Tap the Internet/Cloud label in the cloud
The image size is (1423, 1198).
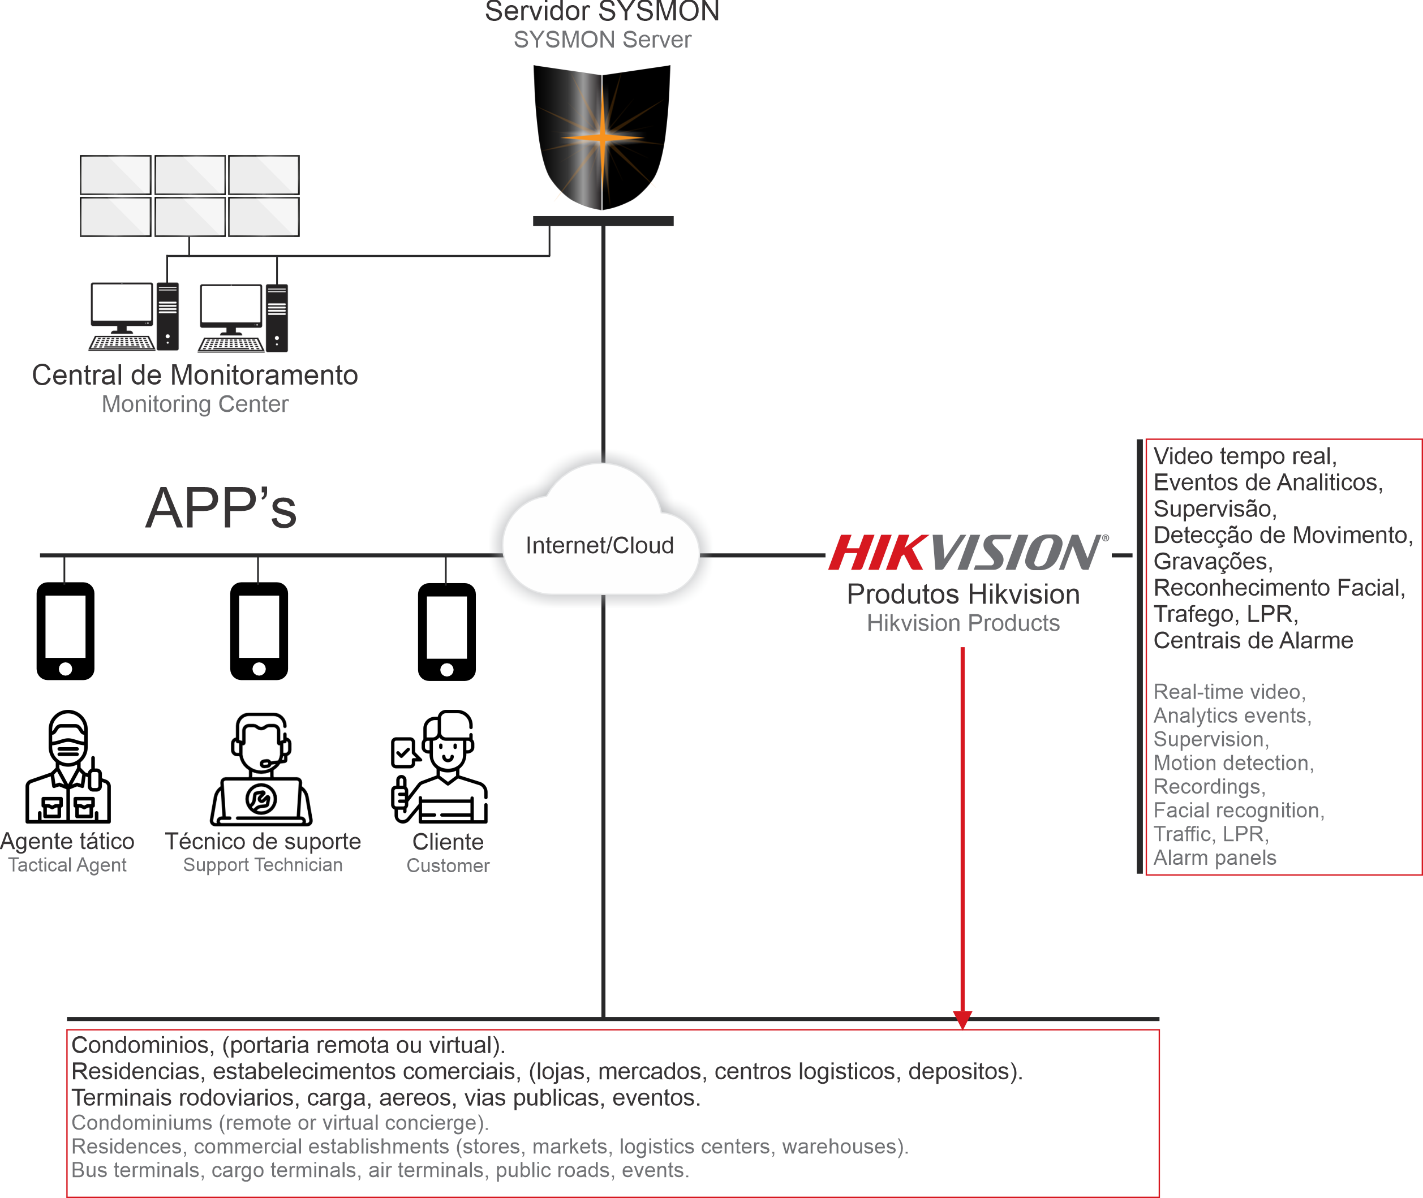(600, 545)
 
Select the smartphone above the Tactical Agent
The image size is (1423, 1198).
(65, 631)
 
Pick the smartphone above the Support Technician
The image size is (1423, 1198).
(259, 631)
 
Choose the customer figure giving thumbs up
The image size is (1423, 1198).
(440, 767)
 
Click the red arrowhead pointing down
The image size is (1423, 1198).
(962, 1019)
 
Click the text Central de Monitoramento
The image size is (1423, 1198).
(195, 375)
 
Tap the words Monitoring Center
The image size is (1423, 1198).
(195, 404)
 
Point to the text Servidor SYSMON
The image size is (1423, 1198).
(602, 11)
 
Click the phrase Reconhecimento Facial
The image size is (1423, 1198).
(1279, 588)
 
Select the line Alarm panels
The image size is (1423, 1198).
(1214, 857)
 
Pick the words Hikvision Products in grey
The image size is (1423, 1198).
(963, 623)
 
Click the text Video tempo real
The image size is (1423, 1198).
(1245, 456)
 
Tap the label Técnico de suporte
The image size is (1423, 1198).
(263, 842)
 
